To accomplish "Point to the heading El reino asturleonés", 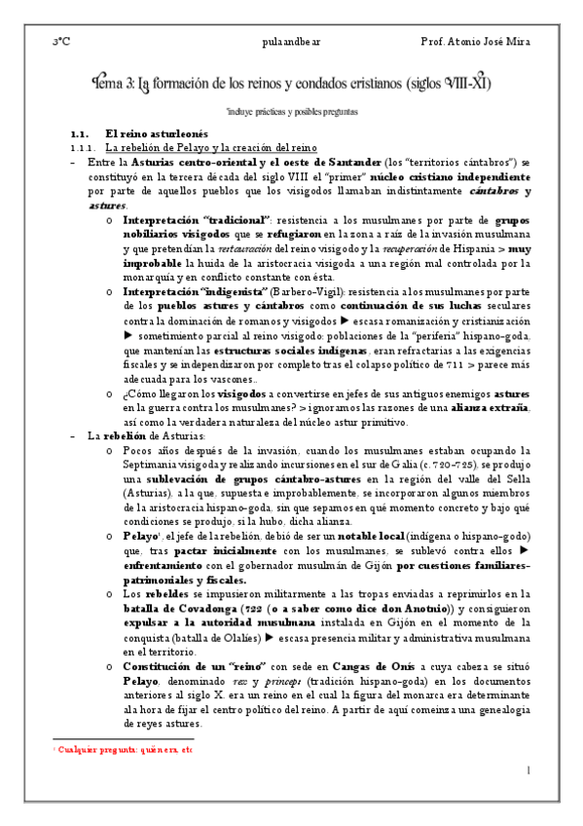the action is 164,132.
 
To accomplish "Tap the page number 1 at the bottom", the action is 527,771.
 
